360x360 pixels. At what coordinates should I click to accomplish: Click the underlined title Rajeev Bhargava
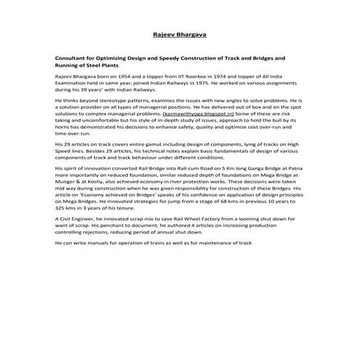coord(179,33)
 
